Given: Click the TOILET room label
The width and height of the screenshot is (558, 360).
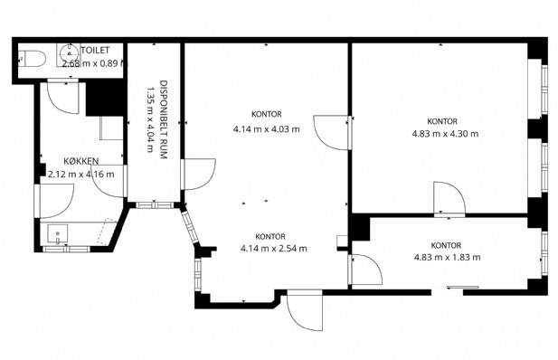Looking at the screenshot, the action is [95, 51].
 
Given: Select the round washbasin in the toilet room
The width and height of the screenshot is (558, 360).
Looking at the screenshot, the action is [70, 53].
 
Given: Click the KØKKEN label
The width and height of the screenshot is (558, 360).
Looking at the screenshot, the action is [81, 161].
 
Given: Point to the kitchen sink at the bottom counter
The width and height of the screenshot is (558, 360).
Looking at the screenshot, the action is [57, 234].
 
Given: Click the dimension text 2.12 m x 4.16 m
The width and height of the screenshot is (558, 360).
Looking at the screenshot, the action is [81, 175].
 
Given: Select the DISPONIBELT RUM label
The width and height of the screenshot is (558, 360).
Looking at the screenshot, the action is [164, 119].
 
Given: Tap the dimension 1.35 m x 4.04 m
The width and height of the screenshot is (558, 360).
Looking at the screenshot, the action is [150, 119].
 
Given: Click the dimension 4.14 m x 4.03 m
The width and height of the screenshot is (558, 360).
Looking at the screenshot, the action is [266, 129].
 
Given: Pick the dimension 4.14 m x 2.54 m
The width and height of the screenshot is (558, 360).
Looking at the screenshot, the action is [274, 249].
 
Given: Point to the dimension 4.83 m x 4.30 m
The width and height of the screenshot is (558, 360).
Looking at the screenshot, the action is [445, 134].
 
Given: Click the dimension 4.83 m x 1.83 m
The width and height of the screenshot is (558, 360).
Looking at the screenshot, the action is [448, 257].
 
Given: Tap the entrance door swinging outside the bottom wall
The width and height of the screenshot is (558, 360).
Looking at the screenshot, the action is [305, 309].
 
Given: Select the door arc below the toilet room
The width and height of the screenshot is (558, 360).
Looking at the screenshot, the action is [63, 98].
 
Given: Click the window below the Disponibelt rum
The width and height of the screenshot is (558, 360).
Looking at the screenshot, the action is [155, 205].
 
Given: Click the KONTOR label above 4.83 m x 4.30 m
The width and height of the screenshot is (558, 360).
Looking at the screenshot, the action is [442, 121].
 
